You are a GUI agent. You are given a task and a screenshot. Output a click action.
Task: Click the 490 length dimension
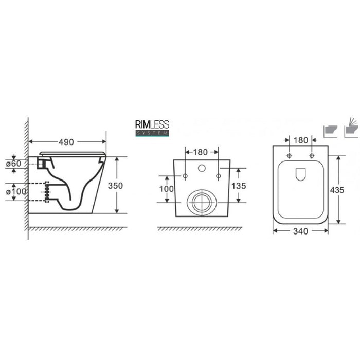pos(66,142)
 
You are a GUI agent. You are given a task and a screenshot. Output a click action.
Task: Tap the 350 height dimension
pos(115,186)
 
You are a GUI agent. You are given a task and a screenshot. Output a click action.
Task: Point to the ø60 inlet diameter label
pos(13,164)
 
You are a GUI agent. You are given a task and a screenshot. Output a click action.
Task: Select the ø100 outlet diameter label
pos(16,191)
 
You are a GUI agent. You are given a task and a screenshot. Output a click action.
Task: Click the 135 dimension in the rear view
pos(239,186)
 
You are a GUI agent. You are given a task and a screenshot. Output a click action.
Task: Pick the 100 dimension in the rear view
pos(167,189)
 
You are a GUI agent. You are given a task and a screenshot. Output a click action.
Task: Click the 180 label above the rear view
pos(200,152)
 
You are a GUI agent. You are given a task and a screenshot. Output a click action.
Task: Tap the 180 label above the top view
pos(300,140)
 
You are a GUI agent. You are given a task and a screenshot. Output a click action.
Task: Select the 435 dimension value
pos(337,190)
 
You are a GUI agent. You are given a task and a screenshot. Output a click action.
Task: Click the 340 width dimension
pos(300,231)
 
